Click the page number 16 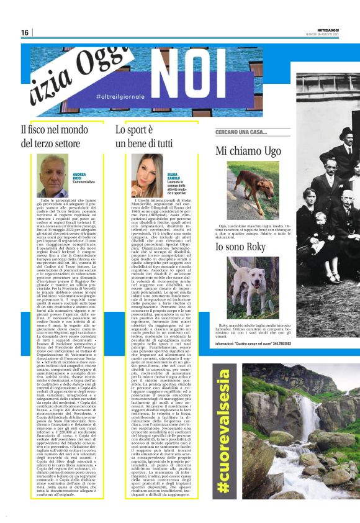tap(24, 32)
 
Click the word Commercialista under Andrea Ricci tap(84, 182)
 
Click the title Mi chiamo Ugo tap(248, 151)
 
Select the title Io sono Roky tap(246, 248)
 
